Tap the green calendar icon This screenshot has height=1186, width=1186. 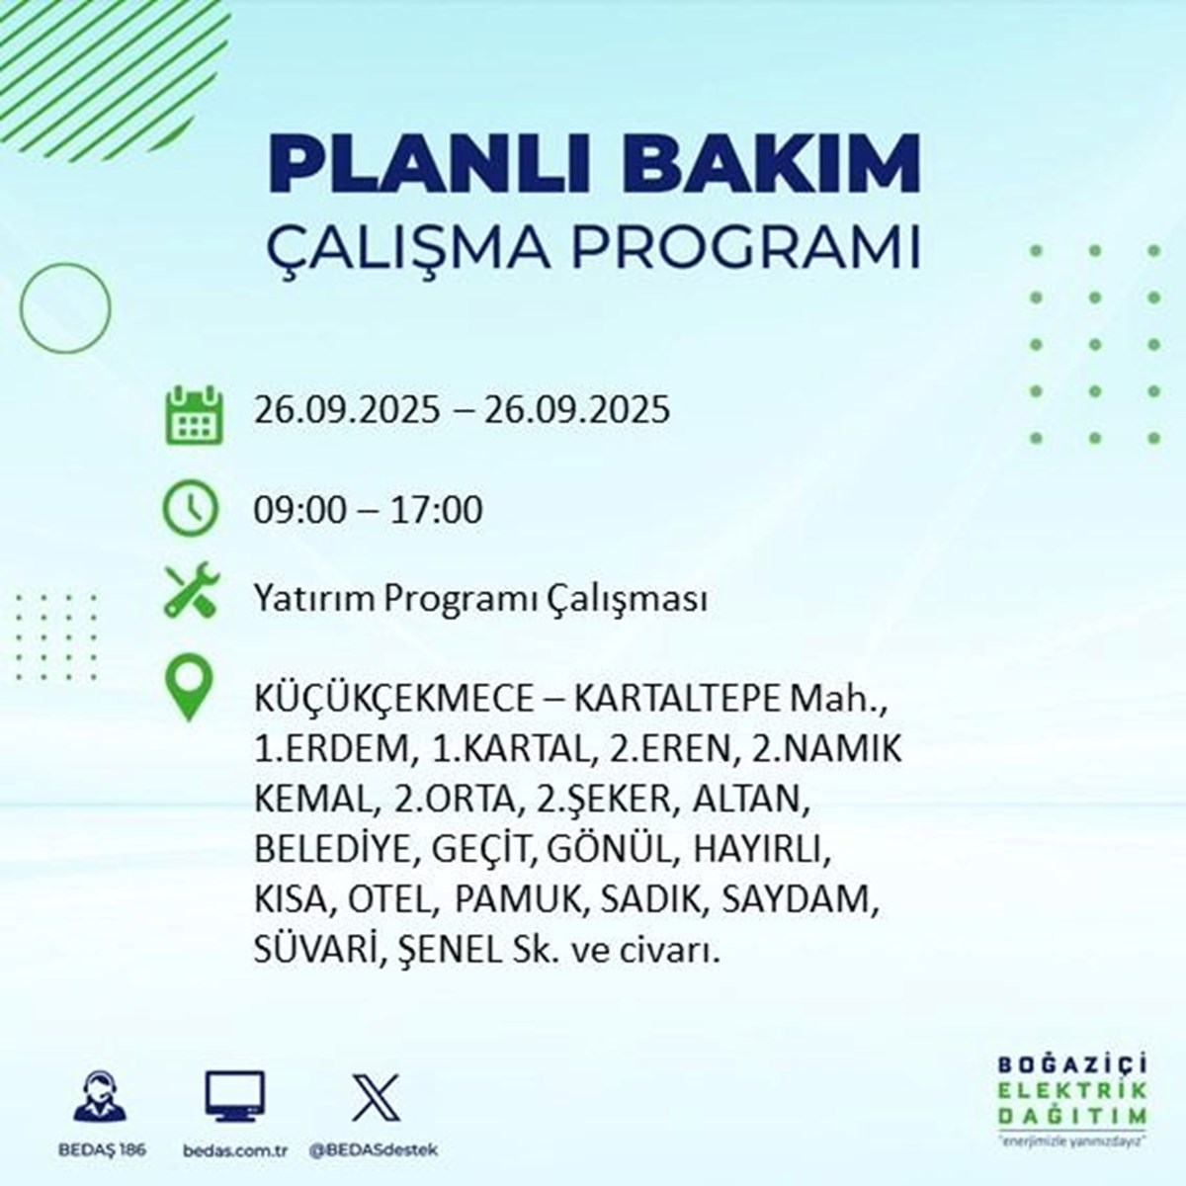(x=194, y=414)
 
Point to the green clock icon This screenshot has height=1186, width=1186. (x=190, y=508)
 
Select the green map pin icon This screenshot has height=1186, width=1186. (x=190, y=690)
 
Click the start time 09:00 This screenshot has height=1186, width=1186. (x=300, y=511)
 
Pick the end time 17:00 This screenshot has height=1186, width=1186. (x=437, y=511)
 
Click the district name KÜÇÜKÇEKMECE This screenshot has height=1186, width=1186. (x=394, y=701)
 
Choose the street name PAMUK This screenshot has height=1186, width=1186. (x=518, y=900)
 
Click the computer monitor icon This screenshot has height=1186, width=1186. (x=235, y=1096)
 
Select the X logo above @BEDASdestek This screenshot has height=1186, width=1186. (x=376, y=1097)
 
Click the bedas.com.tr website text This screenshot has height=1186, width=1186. (x=235, y=1150)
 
